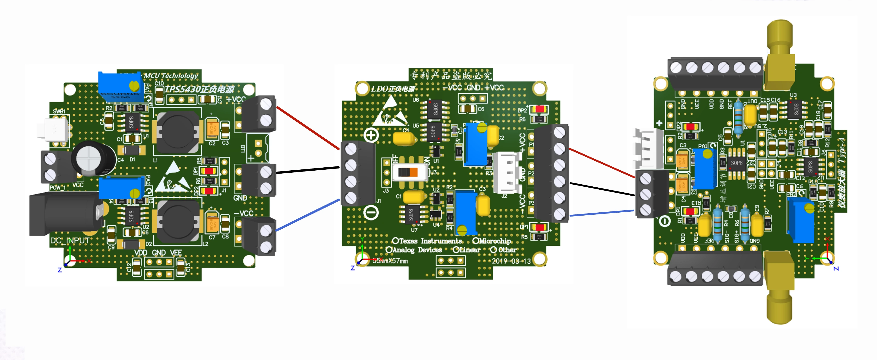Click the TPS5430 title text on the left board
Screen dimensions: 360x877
point(200,89)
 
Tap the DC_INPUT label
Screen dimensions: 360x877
point(70,241)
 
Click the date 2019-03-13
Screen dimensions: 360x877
point(511,261)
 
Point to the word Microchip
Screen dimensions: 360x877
point(495,241)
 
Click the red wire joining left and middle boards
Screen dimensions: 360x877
point(308,128)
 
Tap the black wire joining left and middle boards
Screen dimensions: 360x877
point(308,170)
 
